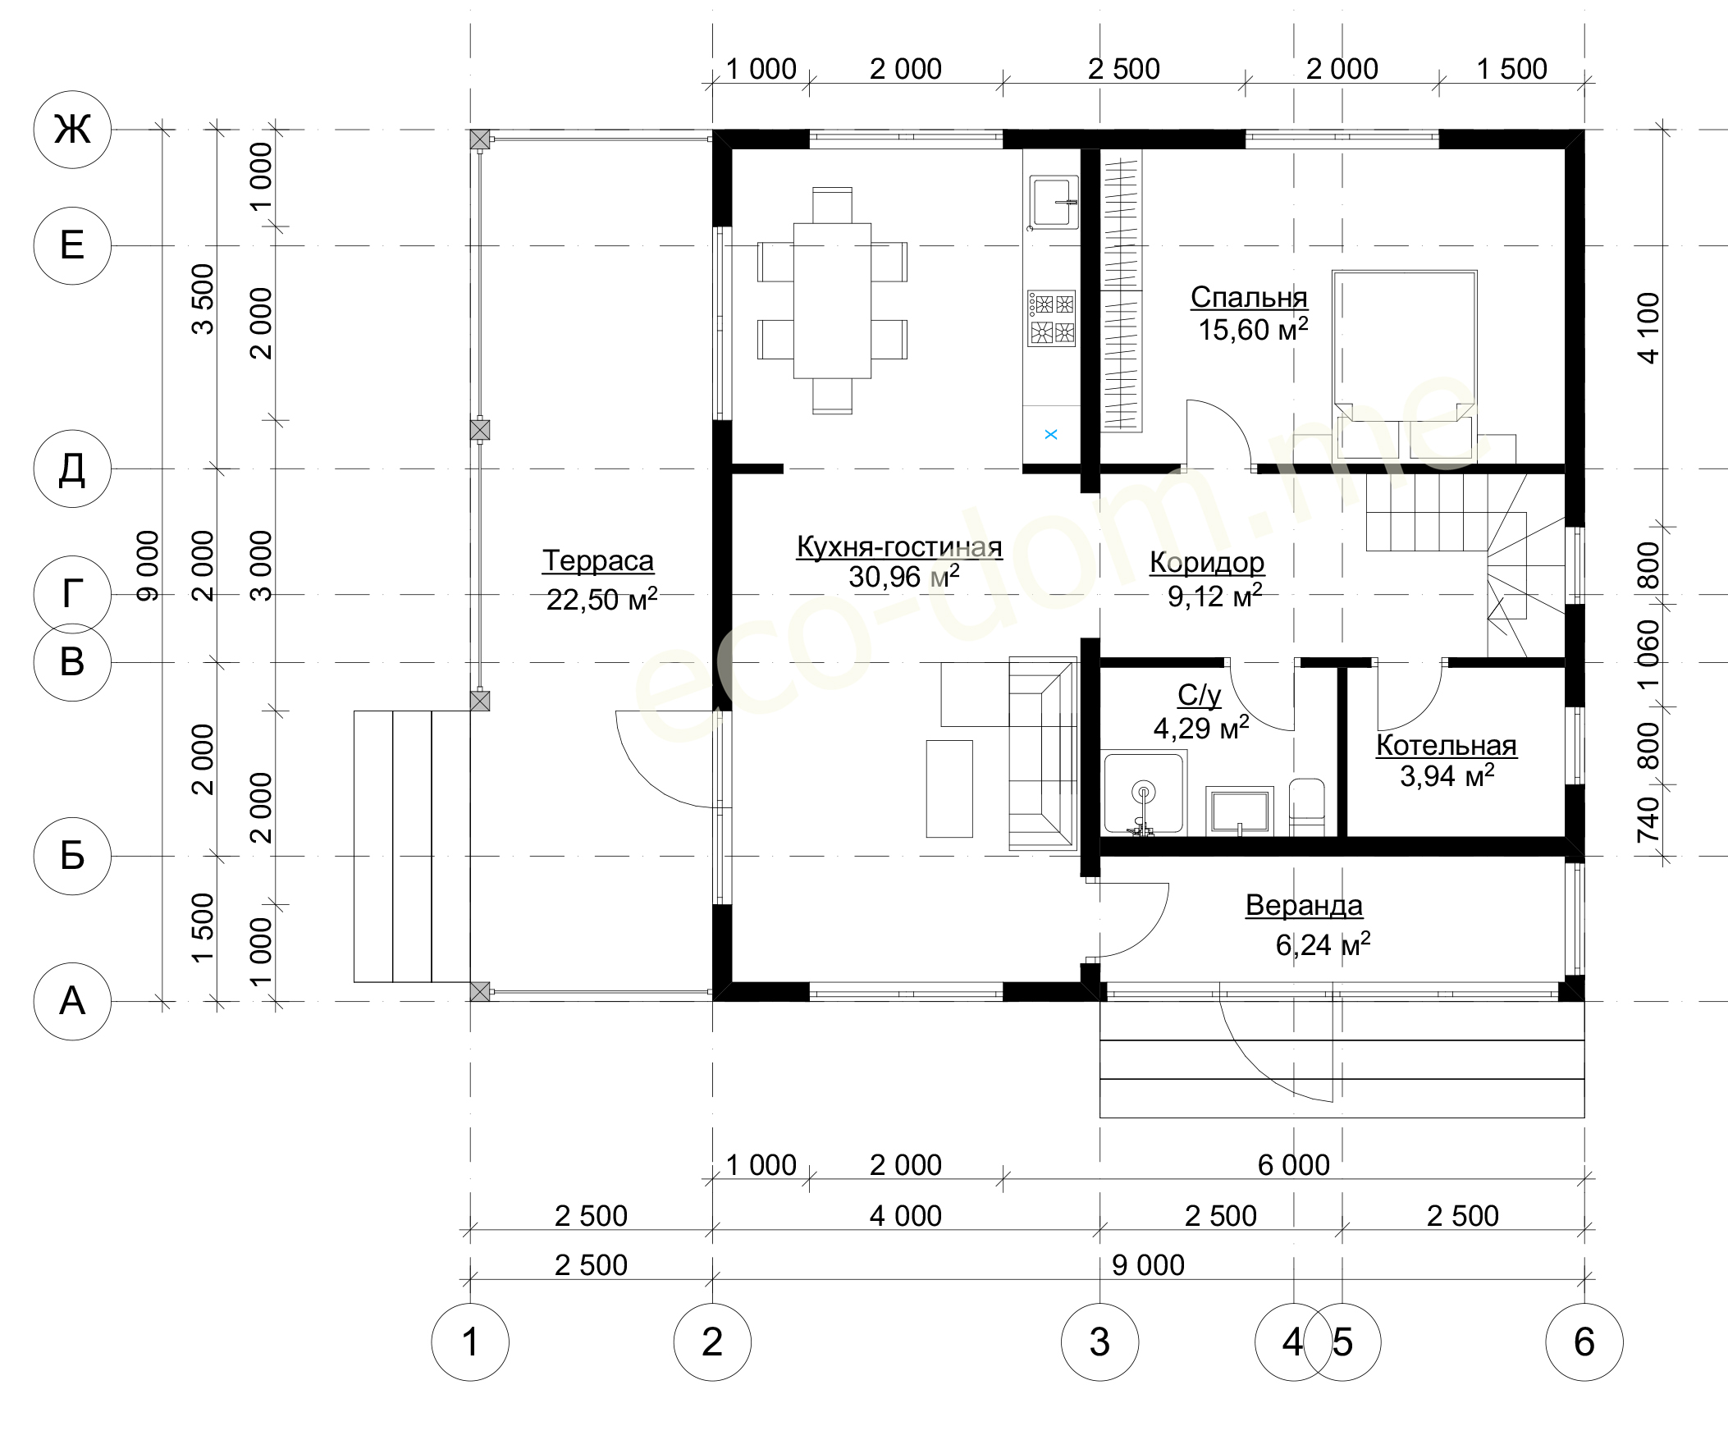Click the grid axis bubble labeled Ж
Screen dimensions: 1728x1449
[72, 129]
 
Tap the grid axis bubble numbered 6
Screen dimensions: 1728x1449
[1584, 1342]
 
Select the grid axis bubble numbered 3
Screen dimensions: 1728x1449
[1100, 1342]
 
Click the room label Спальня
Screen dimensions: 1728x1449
[1248, 297]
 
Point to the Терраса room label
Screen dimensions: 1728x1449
[598, 560]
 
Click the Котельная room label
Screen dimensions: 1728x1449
[1447, 745]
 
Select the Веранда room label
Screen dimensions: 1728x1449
[1305, 905]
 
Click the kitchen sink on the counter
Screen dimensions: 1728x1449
[1052, 202]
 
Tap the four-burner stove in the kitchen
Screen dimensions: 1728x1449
[1051, 318]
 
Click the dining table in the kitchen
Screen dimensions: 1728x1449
[832, 300]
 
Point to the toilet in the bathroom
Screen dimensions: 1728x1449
[1307, 807]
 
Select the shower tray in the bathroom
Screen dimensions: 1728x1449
[1145, 793]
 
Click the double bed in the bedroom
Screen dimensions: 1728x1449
[1405, 364]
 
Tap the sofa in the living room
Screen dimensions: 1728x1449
[1044, 753]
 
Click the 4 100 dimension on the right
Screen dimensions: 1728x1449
[1649, 327]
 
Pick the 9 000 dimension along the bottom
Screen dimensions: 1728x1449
[1148, 1264]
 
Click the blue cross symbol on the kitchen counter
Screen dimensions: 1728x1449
[1051, 434]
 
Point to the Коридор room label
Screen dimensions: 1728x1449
[1207, 562]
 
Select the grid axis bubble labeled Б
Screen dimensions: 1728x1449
[72, 856]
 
